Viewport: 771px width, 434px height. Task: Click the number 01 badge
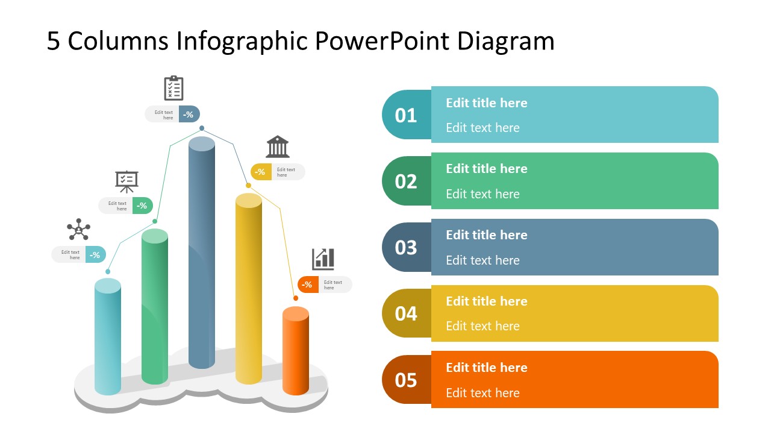406,115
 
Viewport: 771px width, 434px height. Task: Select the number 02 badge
406,181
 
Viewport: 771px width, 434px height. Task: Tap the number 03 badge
406,248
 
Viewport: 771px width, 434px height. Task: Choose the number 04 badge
406,313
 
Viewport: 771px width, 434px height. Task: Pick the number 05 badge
406,380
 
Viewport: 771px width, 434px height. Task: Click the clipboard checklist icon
173,88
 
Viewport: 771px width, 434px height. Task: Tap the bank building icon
278,146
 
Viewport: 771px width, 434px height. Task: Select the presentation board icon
126,181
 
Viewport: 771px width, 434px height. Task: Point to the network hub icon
78,230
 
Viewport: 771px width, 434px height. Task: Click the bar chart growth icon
323,259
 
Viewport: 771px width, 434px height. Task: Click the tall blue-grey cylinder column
202,253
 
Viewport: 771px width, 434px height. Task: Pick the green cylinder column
155,307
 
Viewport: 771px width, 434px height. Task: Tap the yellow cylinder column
249,289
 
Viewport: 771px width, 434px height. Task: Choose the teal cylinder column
108,338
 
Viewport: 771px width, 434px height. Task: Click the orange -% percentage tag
308,285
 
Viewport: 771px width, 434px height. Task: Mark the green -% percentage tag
143,206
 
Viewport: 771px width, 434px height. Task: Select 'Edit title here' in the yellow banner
487,301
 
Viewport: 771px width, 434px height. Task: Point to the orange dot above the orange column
296,298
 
